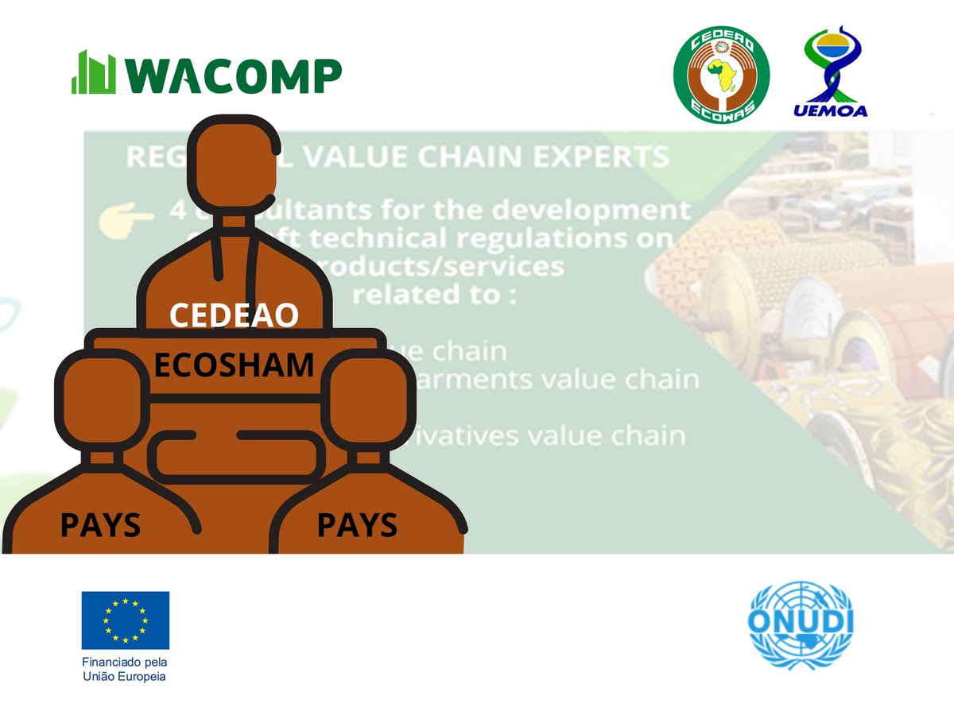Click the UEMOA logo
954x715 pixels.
830,71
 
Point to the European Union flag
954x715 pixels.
125,620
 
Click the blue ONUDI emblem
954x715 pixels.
801,624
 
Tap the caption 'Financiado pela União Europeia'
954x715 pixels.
125,669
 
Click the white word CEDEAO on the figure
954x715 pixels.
234,315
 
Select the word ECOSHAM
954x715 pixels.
234,365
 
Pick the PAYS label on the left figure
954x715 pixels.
100,526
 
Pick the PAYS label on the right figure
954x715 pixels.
357,526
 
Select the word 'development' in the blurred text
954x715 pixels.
607,211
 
